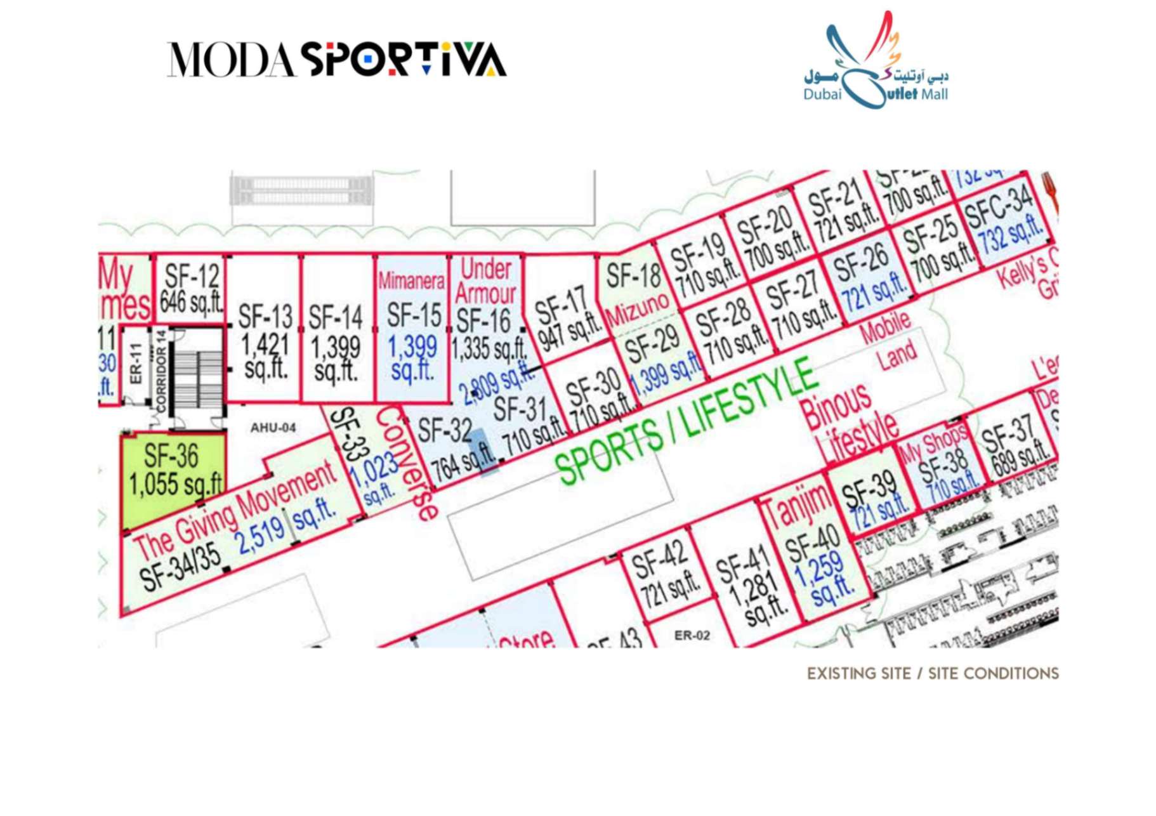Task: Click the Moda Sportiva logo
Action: point(336,60)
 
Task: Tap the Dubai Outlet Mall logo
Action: point(876,63)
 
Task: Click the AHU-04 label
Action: point(273,428)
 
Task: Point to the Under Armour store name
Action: point(485,281)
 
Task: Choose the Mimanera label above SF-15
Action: point(411,280)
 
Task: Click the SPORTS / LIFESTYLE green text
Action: point(685,421)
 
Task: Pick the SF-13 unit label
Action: point(265,316)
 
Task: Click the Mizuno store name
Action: point(637,309)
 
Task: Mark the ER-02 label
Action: point(692,635)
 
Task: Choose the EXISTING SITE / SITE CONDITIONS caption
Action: point(933,673)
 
